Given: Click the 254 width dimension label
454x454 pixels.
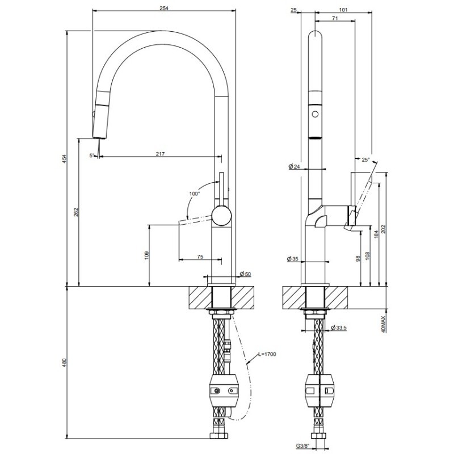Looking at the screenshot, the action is [x=164, y=8].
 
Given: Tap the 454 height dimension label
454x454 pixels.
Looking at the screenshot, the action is [x=65, y=159].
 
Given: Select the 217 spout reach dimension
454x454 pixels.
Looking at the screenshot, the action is [x=160, y=154].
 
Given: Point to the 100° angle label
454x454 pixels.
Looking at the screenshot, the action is [x=195, y=194].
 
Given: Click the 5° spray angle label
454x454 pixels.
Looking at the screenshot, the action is [x=92, y=155].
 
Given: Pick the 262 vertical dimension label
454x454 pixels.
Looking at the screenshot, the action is [x=76, y=212].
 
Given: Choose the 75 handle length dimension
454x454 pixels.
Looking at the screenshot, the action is [x=200, y=257].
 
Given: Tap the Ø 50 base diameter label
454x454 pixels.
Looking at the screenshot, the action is [x=246, y=274].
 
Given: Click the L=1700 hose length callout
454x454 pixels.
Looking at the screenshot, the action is [x=267, y=354].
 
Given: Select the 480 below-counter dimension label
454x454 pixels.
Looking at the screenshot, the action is [x=65, y=363].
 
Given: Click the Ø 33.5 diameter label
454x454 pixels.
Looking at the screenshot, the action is [x=339, y=328].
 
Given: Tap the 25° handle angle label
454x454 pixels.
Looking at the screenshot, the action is [x=365, y=159].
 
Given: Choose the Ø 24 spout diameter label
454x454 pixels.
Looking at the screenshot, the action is [x=294, y=166].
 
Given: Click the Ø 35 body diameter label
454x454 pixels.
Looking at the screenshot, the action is [x=292, y=259].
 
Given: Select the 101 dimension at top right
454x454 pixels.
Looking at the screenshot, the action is [x=343, y=10].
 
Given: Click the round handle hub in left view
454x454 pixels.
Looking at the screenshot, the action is [x=222, y=216].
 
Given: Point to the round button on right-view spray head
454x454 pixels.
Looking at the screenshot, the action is [x=316, y=114].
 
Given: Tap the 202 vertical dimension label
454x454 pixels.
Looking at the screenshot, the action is [x=384, y=229].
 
